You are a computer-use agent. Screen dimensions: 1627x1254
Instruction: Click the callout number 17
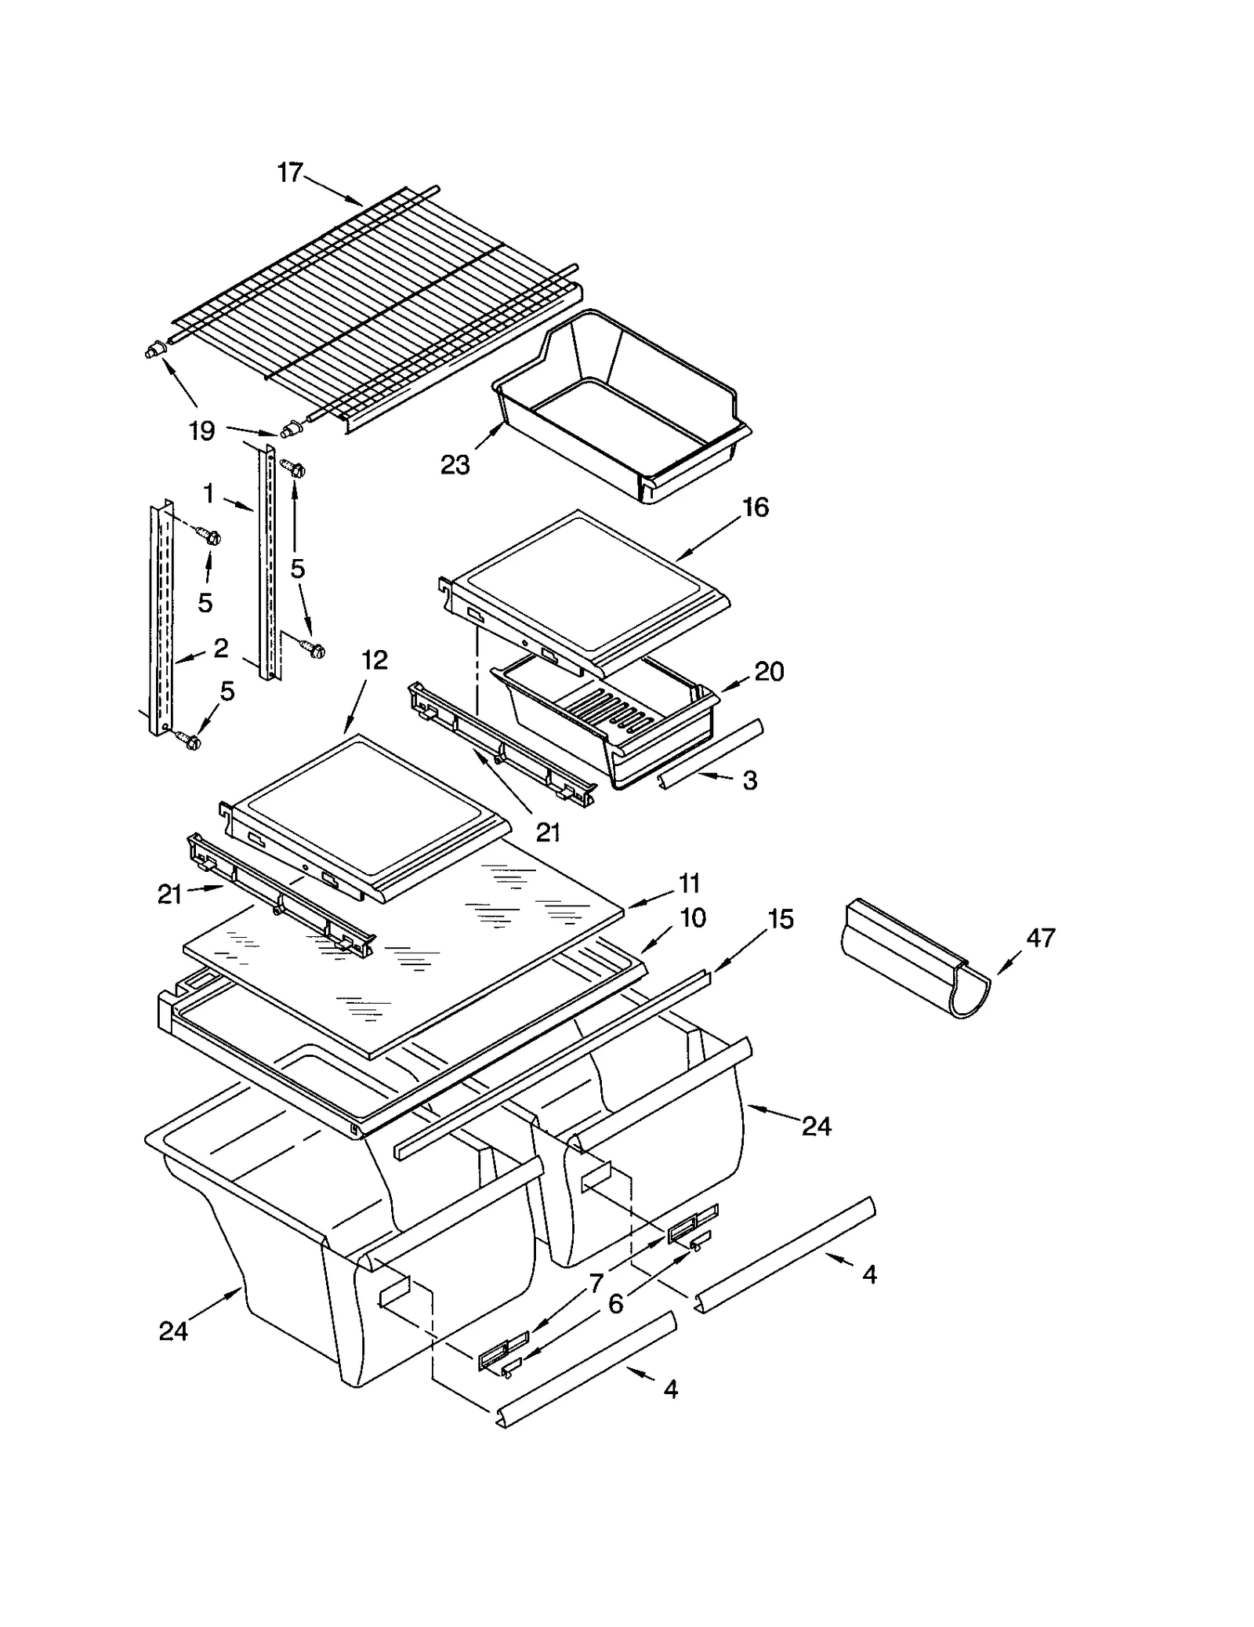290,173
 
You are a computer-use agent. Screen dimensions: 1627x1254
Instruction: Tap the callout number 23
455,465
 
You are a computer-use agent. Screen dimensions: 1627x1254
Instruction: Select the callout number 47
1041,937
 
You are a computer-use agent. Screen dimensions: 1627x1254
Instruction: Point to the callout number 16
756,507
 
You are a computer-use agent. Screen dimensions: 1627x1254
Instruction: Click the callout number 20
769,671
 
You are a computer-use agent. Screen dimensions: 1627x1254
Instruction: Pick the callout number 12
375,660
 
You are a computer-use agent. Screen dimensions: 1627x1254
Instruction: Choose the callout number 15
781,918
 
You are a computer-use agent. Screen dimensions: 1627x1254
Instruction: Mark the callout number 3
750,780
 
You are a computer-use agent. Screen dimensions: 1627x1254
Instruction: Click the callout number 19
201,430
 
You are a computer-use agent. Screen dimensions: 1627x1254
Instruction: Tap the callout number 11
689,884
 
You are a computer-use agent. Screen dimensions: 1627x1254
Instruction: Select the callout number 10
693,917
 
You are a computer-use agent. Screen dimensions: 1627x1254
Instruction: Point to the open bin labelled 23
619,408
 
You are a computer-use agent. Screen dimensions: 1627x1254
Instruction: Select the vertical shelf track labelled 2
161,619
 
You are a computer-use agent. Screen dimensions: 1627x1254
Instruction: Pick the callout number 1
208,494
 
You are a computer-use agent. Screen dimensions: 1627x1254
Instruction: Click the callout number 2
221,648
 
